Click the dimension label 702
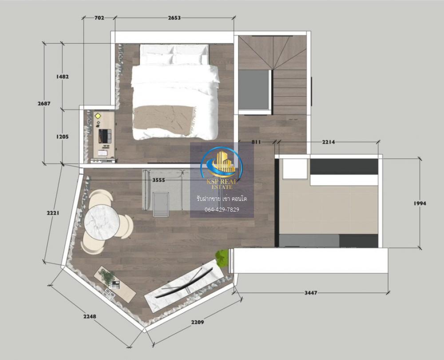point(99,18)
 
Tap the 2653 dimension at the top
point(174,18)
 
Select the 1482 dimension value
point(62,76)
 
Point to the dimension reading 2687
point(44,104)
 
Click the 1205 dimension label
point(62,136)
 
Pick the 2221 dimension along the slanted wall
point(53,212)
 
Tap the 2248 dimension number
point(90,316)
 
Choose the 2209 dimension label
point(198,322)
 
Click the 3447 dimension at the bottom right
point(311,293)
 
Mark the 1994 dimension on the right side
point(420,203)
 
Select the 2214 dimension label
point(329,142)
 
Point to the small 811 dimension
point(256,142)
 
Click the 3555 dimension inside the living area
point(159,180)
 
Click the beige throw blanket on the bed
point(165,120)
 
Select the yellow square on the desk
point(98,116)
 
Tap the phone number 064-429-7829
point(222,209)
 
